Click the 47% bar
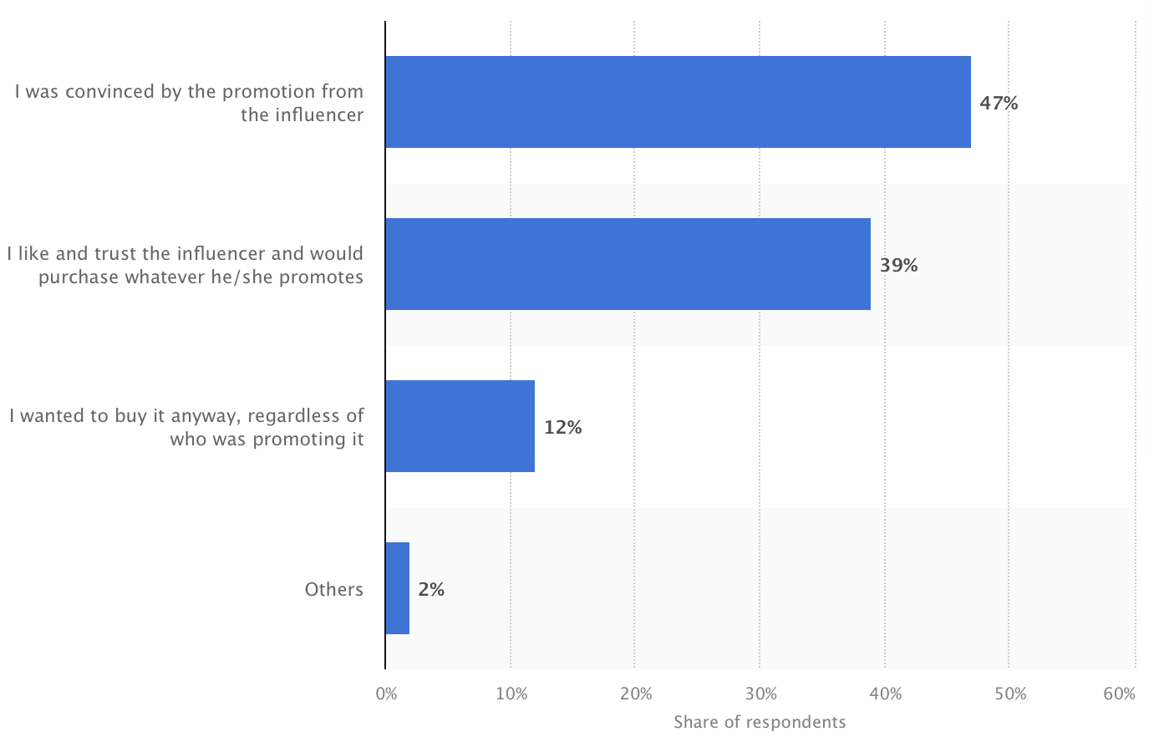click(x=678, y=102)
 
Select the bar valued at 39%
click(x=628, y=264)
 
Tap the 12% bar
click(x=460, y=426)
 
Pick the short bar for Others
click(x=397, y=588)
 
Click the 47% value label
click(x=999, y=103)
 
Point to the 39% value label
click(x=898, y=265)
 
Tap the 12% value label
click(x=562, y=427)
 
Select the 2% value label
click(x=431, y=589)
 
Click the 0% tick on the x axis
click(x=386, y=694)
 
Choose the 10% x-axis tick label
click(x=511, y=694)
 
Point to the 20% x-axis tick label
click(x=635, y=694)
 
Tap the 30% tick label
click(x=760, y=694)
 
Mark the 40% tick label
click(x=885, y=694)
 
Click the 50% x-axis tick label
click(x=1009, y=694)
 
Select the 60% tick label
click(x=1119, y=694)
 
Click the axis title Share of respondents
click(x=760, y=722)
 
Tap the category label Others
click(x=333, y=589)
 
